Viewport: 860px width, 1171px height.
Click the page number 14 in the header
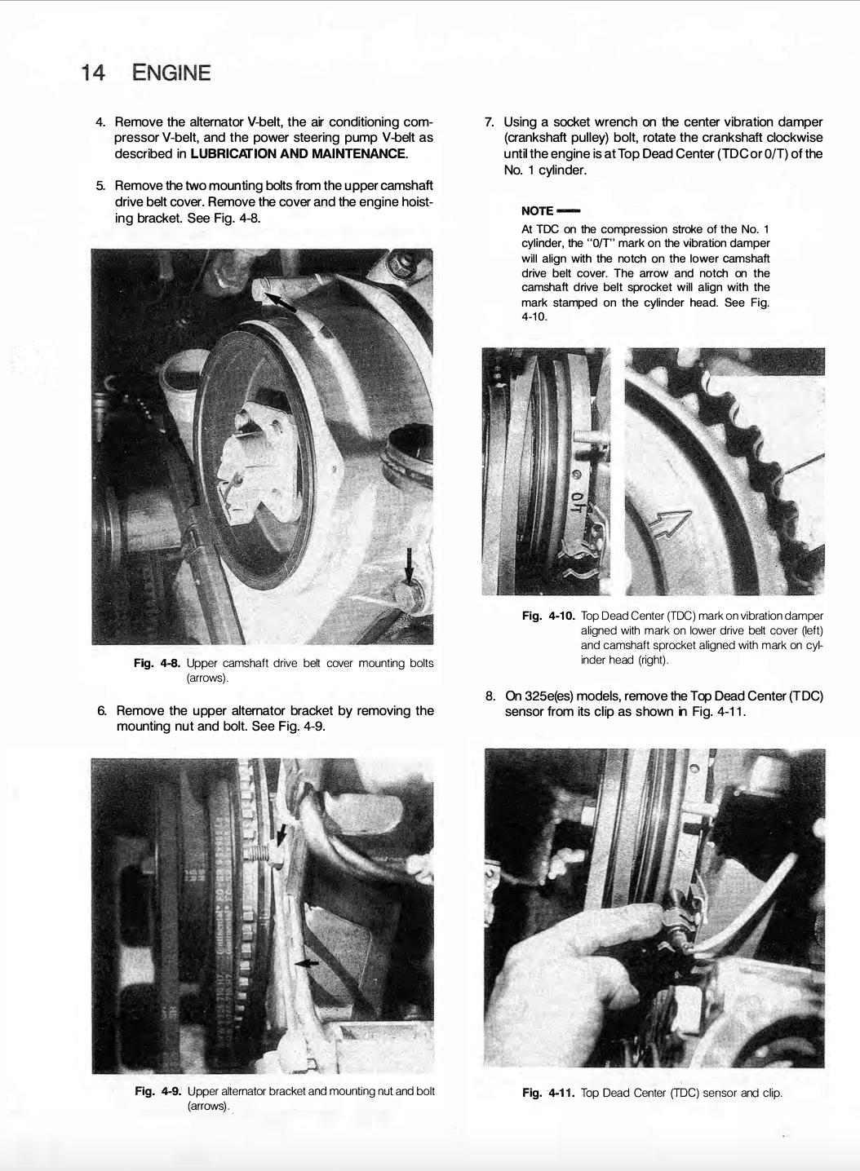(92, 73)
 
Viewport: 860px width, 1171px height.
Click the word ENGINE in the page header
(171, 73)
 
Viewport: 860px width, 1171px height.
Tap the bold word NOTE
(538, 211)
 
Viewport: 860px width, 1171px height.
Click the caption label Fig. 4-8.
(157, 664)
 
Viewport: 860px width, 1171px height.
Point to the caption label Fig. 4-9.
(158, 1091)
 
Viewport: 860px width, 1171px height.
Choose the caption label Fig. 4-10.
(548, 616)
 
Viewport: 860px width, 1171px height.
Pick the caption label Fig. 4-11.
(548, 1093)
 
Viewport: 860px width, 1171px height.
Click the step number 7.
(490, 122)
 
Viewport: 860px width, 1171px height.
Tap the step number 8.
(490, 696)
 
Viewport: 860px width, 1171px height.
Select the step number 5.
(101, 187)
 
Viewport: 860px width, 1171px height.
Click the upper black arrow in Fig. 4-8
(282, 303)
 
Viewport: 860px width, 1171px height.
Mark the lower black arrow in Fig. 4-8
(410, 565)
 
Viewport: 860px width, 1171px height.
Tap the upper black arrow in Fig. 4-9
(281, 833)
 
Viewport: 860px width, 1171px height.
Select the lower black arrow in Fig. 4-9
(306, 963)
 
